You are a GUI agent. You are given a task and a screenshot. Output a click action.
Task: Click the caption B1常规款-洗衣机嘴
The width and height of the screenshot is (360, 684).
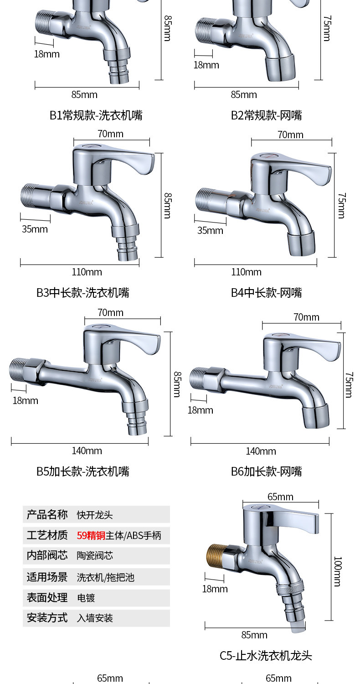[96, 115]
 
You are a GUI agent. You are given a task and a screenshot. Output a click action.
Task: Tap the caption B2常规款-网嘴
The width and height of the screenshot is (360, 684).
[266, 115]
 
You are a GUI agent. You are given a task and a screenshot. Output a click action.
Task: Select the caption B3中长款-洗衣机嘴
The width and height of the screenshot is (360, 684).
[83, 293]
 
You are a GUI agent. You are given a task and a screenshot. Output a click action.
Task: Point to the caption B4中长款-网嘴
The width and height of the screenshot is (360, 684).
[266, 293]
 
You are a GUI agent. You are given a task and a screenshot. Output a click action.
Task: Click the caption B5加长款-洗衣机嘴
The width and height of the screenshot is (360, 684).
[83, 471]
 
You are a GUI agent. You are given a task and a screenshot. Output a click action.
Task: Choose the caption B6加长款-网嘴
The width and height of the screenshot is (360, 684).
[266, 471]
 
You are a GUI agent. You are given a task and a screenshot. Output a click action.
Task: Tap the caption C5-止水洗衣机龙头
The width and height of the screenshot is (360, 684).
[266, 656]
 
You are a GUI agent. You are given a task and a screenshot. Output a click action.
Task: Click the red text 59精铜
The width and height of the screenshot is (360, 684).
[91, 535]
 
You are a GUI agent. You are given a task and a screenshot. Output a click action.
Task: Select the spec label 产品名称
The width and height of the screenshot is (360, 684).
[47, 515]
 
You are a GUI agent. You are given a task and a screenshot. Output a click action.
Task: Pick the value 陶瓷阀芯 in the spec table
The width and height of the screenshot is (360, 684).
[95, 555]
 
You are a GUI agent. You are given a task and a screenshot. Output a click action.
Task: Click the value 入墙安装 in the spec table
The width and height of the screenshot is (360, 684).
[95, 618]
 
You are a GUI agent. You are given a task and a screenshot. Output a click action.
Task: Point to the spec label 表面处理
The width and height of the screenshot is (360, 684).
[47, 598]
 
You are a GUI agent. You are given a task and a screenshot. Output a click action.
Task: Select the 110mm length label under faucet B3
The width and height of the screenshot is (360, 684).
[87, 272]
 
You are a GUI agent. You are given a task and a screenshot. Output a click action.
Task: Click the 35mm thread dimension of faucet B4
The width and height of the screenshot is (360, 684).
[210, 230]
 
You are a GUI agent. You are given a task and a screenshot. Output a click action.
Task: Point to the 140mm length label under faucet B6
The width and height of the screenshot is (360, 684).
[261, 451]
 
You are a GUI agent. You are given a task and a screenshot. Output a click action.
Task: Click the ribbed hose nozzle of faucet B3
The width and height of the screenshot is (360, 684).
[128, 249]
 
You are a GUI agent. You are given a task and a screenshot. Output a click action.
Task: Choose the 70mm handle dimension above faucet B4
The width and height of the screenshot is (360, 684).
[290, 135]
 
